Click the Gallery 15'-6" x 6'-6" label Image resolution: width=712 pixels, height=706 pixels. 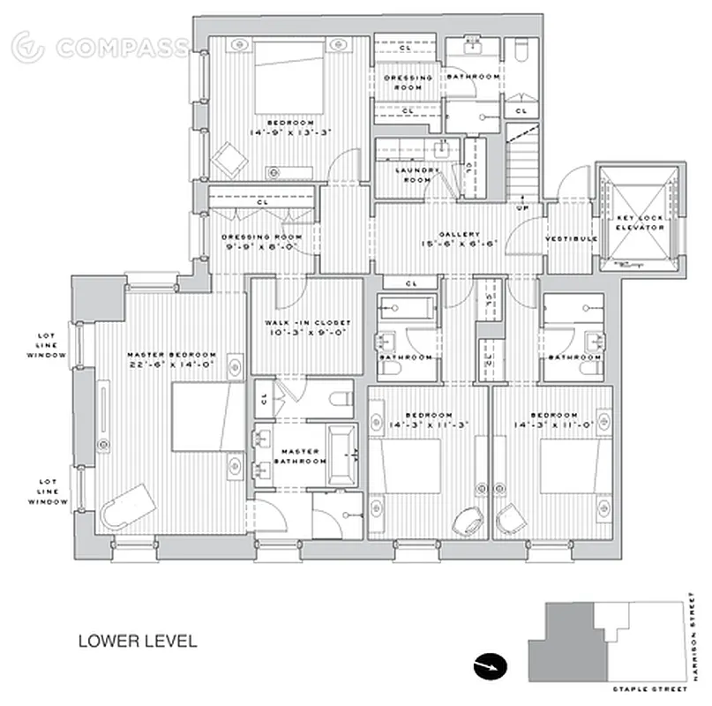(459, 239)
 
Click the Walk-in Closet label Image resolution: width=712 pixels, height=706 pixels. (307, 328)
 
